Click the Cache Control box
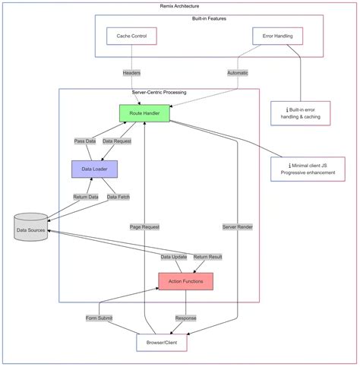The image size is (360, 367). (x=131, y=36)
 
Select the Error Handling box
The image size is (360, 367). (x=277, y=36)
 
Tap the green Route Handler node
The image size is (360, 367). (x=144, y=113)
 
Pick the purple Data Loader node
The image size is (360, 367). (x=93, y=169)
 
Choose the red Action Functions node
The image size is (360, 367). (x=185, y=281)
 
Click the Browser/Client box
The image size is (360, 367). (x=161, y=343)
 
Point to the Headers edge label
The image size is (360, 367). (x=131, y=73)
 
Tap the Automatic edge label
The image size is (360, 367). (x=238, y=73)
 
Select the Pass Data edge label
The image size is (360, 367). (x=85, y=141)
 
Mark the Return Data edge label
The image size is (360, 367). (x=86, y=197)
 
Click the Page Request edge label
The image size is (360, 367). (x=145, y=226)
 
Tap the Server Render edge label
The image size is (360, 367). (x=238, y=226)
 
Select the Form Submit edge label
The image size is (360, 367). (x=99, y=318)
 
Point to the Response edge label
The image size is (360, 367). (x=185, y=318)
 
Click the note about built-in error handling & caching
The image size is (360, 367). (x=300, y=112)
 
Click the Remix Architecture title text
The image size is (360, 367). (x=180, y=5)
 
